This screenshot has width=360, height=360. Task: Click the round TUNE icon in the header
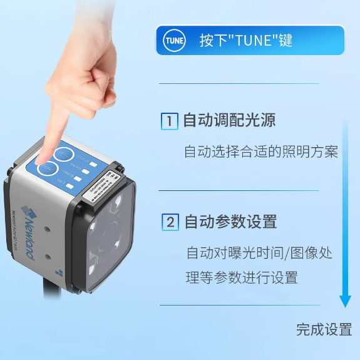coord(173,41)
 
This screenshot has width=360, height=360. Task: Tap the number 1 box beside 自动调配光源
coord(169,121)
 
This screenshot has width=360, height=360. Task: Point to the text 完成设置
coord(324,329)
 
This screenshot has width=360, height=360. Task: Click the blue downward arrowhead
coord(345,301)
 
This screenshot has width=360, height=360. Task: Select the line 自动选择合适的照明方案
coord(261,152)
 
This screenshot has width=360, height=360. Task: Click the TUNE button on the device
coord(47,168)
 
